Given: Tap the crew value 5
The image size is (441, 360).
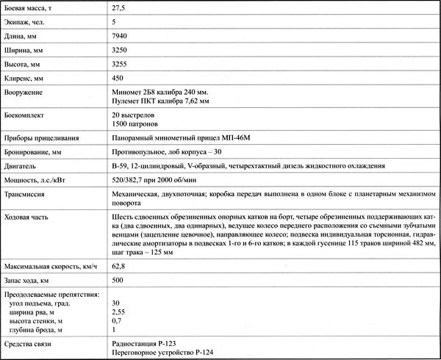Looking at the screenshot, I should [114, 22].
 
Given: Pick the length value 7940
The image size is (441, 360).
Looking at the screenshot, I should [121, 36].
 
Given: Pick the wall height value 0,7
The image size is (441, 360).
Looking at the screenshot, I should [117, 320].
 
